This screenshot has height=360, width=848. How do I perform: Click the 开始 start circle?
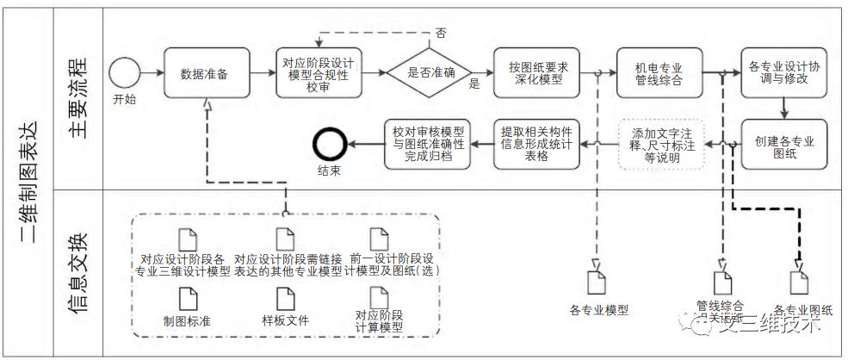click(x=124, y=71)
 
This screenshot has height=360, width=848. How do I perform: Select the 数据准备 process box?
click(x=207, y=72)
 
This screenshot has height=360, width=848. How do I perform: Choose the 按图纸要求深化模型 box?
click(x=537, y=71)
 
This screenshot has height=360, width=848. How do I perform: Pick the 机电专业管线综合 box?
click(x=659, y=71)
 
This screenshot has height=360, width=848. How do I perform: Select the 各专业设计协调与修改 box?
click(x=783, y=71)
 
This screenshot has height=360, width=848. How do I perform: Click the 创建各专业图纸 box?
click(x=783, y=143)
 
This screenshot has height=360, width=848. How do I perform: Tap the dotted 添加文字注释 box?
click(x=661, y=143)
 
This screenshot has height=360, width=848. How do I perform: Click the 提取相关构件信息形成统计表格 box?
click(x=539, y=143)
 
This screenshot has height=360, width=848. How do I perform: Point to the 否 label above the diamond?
click(x=441, y=33)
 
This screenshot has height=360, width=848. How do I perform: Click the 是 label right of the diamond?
click(x=474, y=84)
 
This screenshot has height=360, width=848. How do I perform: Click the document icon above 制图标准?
click(x=188, y=298)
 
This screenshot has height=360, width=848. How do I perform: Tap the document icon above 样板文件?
click(x=285, y=298)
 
